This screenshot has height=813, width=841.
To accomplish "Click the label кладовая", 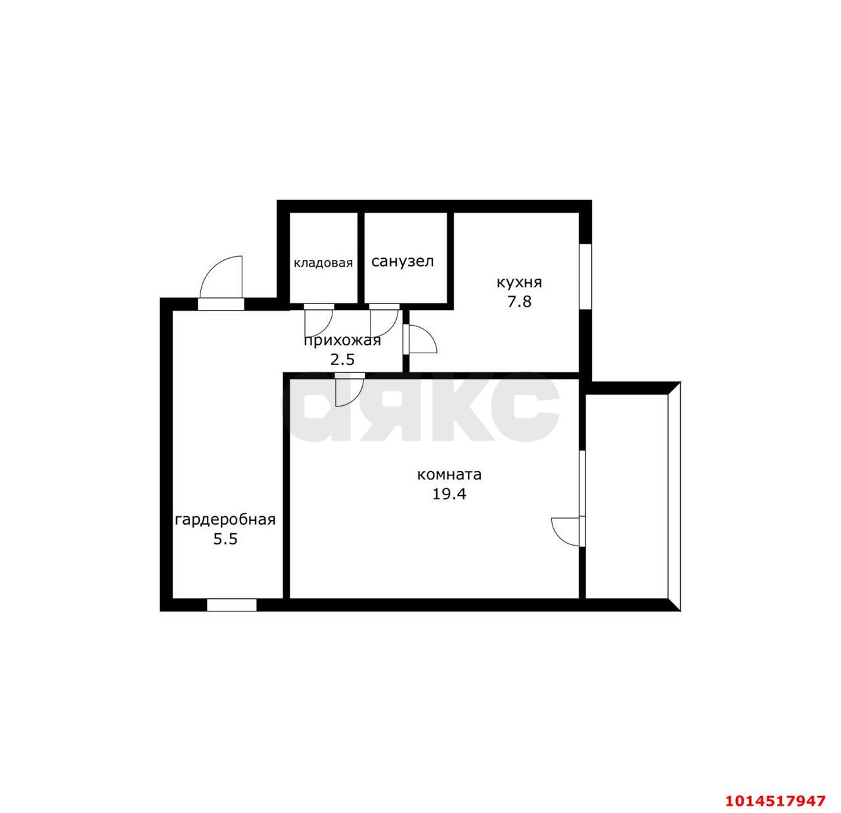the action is pos(323,263).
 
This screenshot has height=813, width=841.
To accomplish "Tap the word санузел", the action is pos(402,261).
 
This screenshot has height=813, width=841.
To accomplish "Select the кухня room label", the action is pos(519,282).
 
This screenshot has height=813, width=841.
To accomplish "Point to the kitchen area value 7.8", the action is pos(519,301).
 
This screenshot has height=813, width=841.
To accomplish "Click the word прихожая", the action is pos(342,341).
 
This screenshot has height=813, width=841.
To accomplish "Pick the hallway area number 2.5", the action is pos(342,359).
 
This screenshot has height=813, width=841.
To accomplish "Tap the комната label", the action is pos(449,475).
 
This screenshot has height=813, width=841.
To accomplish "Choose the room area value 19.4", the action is pos(449,494).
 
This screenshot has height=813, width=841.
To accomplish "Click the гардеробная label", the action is pos(225,519).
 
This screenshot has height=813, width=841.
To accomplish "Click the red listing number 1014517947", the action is pos(775,801).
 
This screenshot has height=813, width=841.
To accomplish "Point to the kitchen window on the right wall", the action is pos(585,277).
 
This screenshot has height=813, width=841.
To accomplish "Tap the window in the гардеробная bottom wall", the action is pos(232,605).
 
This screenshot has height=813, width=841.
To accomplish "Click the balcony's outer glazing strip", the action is pos(674,496).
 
